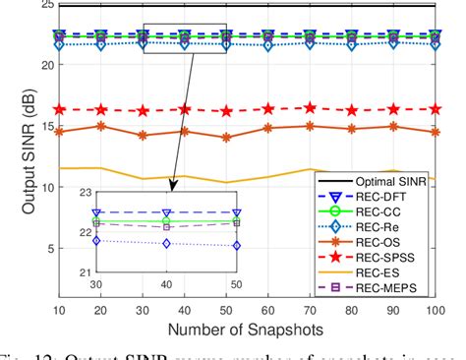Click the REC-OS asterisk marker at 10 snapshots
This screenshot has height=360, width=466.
tap(60, 131)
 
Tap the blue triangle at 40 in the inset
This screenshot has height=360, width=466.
tap(166, 211)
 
